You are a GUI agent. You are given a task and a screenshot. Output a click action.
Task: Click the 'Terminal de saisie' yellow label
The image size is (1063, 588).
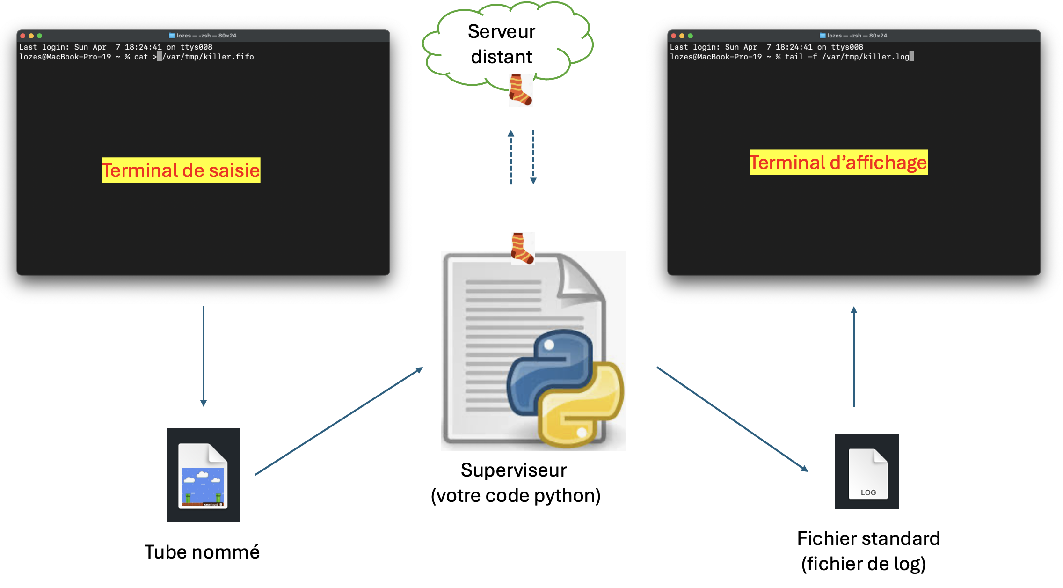pos(181,170)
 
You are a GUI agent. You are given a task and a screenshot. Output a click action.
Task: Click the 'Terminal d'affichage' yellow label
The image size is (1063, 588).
pos(838,162)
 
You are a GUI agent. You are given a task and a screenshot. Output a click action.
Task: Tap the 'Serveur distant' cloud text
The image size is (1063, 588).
pos(502,44)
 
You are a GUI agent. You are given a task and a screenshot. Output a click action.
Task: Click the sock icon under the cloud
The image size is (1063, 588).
pos(520,89)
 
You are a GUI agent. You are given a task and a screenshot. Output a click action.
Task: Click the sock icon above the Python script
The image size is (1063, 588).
pos(522,248)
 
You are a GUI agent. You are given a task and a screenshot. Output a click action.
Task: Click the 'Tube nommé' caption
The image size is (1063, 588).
pos(202,552)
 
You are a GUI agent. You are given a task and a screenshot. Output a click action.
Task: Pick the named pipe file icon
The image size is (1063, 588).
pos(204,475)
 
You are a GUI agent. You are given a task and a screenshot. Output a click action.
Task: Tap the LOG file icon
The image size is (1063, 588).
pos(867,472)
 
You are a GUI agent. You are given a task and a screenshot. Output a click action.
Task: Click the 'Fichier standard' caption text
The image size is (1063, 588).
pos(868,538)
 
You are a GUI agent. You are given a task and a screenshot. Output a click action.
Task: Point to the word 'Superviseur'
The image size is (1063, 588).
pos(513,470)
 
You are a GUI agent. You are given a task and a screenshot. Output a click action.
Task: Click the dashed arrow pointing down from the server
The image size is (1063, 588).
pos(533,157)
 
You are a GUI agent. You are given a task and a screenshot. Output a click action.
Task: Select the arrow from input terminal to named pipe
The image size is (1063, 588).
pos(204,356)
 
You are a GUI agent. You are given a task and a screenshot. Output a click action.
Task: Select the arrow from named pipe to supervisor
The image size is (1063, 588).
pos(339,421)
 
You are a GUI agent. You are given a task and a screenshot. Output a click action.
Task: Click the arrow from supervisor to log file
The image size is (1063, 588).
pos(732,419)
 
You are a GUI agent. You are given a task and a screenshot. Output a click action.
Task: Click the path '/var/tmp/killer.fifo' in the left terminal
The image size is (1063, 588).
pos(208,57)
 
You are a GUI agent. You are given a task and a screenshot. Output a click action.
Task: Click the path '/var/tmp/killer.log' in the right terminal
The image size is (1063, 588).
pos(866,57)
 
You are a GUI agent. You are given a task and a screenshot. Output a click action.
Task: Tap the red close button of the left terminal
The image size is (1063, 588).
pos(22,36)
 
